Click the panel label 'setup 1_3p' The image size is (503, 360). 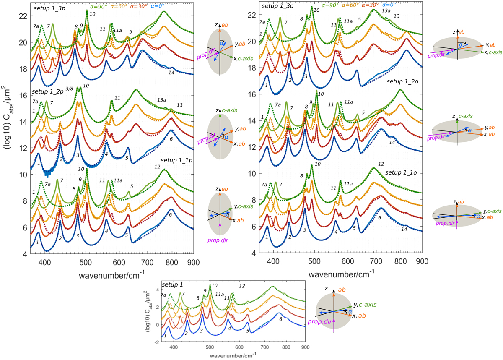(47, 8)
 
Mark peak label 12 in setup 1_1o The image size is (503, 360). (381, 164)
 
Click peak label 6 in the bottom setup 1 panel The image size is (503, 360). (280, 319)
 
